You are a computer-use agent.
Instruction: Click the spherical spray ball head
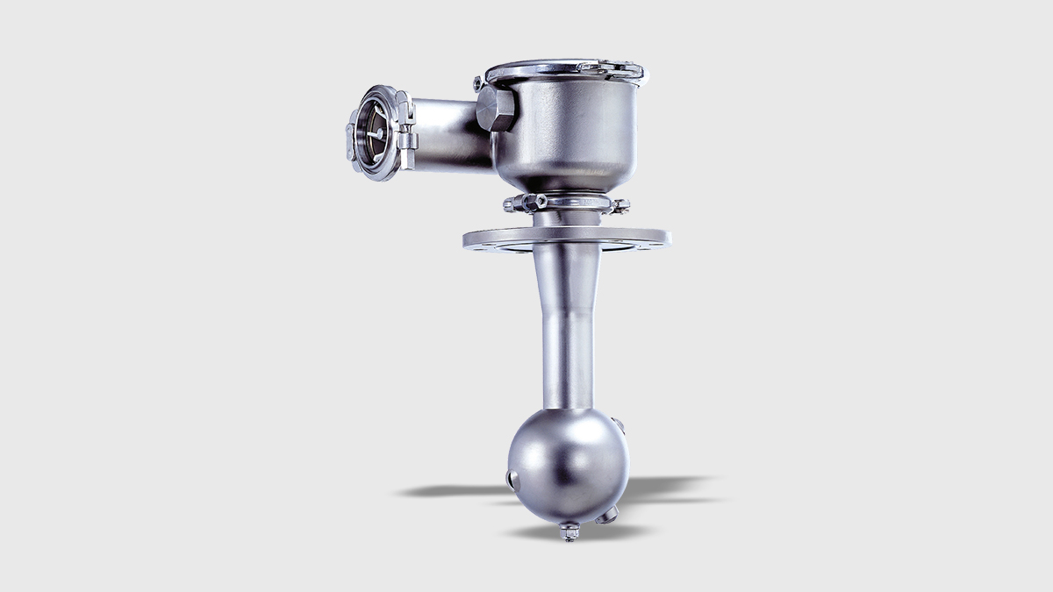(x=567, y=465)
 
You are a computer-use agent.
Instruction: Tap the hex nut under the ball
(x=569, y=531)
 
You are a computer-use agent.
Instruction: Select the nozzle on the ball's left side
(x=512, y=479)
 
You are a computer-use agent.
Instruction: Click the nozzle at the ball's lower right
(x=609, y=515)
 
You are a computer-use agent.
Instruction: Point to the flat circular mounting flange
(x=567, y=239)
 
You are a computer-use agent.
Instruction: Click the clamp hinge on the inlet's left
(x=351, y=140)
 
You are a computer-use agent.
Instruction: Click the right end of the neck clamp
(x=620, y=206)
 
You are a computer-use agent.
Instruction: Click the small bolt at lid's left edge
(x=479, y=84)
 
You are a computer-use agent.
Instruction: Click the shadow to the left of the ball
(x=452, y=490)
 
